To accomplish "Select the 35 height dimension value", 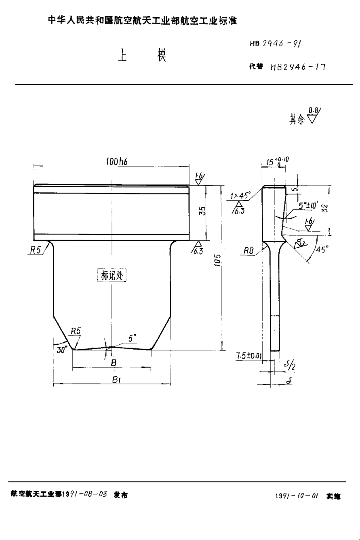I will (203, 211).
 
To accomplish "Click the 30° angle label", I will (61, 350).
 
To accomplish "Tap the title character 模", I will (162, 55).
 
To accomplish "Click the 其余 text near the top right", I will (296, 120).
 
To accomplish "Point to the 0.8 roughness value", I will (312, 109).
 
